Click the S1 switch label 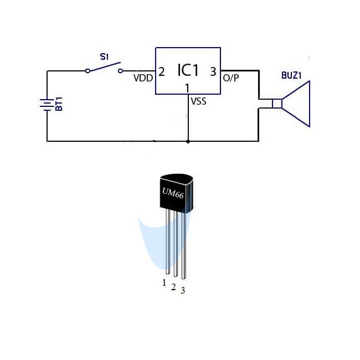105,56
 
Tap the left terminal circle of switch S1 88,71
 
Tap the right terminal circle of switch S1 120,71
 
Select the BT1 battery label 59,104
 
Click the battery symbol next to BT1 47,105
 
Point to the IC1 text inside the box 188,70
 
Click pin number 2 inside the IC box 161,72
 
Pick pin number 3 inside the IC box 213,71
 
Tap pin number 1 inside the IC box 187,88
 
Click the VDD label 143,78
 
